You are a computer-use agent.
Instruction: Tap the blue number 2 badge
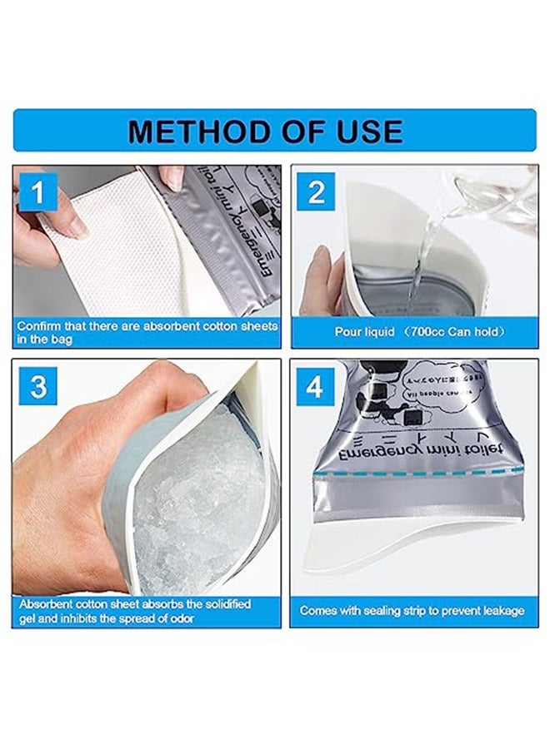(x=316, y=193)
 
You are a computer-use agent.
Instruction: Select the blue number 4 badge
(x=316, y=387)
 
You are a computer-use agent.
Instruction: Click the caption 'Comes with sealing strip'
(x=412, y=610)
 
